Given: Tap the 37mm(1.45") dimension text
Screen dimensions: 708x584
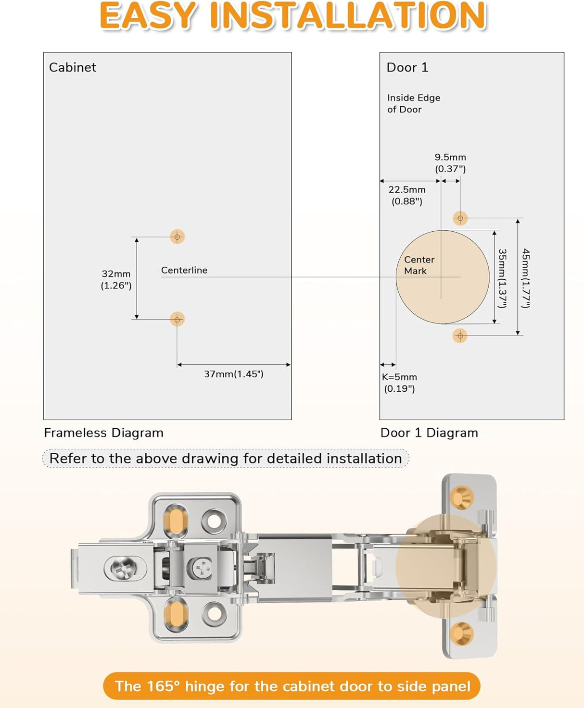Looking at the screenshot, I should (234, 374).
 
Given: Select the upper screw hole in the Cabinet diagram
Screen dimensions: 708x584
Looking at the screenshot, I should (177, 236).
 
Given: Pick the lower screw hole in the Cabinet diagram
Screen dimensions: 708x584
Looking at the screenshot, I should (177, 319).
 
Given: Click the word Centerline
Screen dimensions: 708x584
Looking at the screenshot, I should (184, 270).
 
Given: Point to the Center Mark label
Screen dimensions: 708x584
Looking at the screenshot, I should (419, 265).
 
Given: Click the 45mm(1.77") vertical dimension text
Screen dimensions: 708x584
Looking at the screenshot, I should (526, 278).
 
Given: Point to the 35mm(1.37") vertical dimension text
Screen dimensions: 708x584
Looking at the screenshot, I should (502, 278).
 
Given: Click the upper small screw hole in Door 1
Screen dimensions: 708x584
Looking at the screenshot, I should (460, 218).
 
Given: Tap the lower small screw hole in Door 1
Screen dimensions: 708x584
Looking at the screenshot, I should (460, 335).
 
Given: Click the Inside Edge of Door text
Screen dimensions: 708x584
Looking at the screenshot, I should (413, 103).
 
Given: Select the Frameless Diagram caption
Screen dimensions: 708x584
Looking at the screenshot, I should (103, 433).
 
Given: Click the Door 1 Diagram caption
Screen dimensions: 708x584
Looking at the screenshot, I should (429, 433).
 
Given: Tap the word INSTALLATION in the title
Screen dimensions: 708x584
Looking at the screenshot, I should (348, 16).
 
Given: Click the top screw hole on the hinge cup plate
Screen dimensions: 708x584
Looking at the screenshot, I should (462, 497).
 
